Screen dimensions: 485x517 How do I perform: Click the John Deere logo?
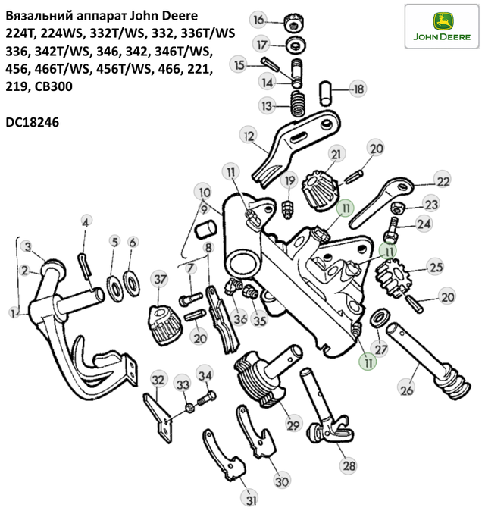point(442,27)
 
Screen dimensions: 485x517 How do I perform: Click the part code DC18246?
point(33,122)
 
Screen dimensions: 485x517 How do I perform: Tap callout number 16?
point(259,20)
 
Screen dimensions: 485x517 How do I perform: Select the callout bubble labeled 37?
point(160,279)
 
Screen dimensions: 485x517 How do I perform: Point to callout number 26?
point(406,390)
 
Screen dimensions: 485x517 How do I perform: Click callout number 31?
point(252,500)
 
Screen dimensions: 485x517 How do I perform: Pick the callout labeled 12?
point(249,136)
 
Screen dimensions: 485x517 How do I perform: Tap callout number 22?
point(443,180)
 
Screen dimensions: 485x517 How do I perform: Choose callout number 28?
point(349,465)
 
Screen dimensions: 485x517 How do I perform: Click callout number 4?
point(86,223)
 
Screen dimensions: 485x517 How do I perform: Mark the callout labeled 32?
point(158,380)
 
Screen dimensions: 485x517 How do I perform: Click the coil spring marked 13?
point(298,104)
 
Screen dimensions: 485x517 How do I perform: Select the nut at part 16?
point(294,23)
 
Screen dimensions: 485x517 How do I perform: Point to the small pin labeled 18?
point(325,93)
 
